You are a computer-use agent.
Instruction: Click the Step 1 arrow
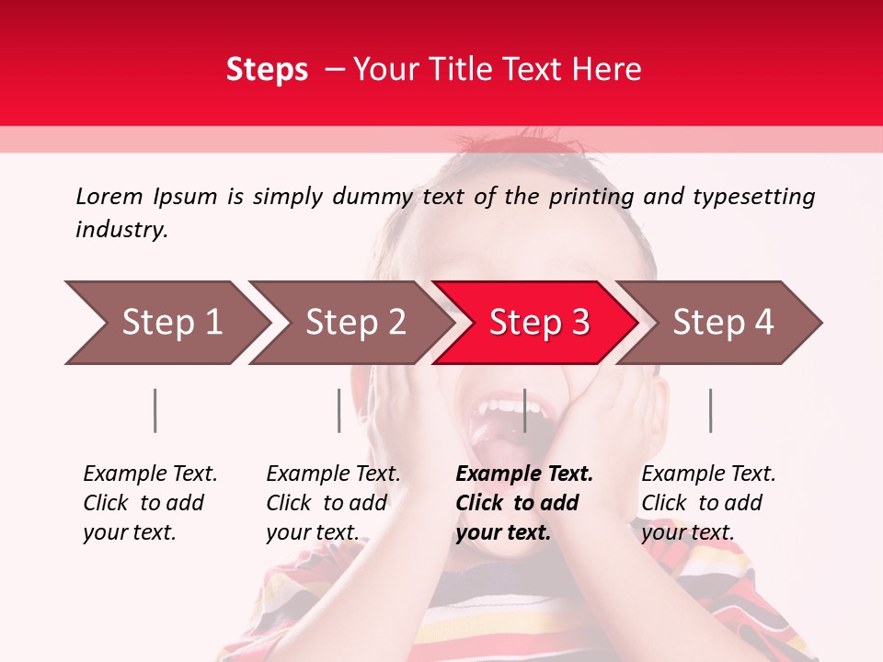[x=166, y=323]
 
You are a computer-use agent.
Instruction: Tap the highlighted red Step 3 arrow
[x=536, y=323]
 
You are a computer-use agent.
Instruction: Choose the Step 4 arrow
[x=720, y=323]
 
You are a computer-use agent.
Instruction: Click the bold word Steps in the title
[x=267, y=70]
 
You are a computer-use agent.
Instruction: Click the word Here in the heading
[x=606, y=70]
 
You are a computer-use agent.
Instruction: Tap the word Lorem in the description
[x=109, y=196]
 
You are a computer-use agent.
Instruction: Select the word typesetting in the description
[x=753, y=197]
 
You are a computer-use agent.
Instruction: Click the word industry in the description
[x=121, y=230]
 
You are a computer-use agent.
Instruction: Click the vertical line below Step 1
[x=155, y=410]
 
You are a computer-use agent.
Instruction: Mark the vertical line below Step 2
[x=339, y=410]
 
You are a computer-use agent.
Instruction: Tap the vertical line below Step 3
[x=524, y=410]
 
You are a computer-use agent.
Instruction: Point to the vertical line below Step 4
[x=710, y=410]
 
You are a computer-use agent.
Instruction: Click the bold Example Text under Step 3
[x=524, y=474]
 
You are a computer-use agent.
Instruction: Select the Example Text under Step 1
[x=150, y=474]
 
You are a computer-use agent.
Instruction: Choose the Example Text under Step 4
[x=708, y=474]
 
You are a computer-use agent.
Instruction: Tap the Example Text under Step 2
[x=333, y=474]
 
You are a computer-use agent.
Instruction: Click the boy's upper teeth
[x=501, y=405]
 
